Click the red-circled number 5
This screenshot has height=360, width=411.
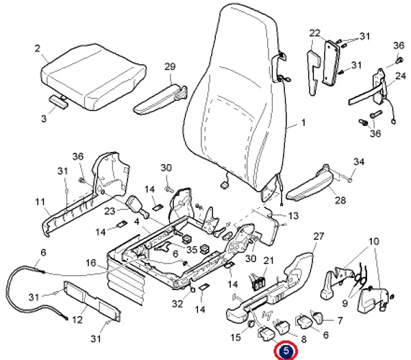[x=285, y=351]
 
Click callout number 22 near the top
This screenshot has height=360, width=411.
[x=315, y=33]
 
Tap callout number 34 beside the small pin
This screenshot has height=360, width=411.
[x=359, y=162]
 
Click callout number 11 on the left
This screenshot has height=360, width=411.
[x=40, y=202]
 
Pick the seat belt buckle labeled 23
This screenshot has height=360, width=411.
[x=134, y=203]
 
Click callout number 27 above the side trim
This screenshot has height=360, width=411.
[x=317, y=236]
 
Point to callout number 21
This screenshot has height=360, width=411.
[x=269, y=260]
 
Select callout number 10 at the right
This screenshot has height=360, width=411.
[x=373, y=242]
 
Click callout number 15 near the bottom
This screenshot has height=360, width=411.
[x=235, y=337]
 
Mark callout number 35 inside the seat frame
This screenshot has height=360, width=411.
[x=192, y=248]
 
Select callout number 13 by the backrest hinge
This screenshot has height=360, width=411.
[x=293, y=216]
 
